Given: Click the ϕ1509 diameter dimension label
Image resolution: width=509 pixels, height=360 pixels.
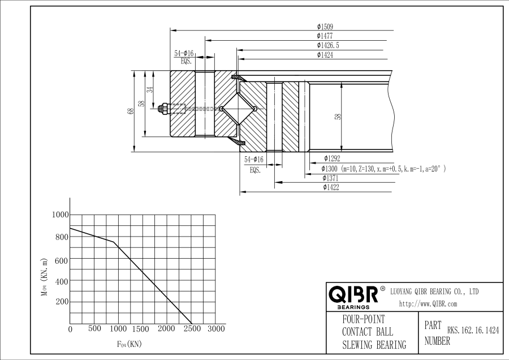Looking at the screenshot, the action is point(325,27).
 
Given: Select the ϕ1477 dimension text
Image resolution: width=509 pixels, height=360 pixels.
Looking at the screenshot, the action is point(325,36).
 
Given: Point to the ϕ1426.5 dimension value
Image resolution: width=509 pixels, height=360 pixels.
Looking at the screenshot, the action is point(328,45).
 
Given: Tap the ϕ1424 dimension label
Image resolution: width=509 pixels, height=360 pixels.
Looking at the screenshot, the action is point(325,55).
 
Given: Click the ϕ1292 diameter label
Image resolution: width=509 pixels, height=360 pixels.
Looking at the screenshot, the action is point(332,158).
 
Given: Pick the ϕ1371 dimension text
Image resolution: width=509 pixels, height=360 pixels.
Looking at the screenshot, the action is point(330,178).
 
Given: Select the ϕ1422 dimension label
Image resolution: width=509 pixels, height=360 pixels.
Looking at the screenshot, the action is point(331,187).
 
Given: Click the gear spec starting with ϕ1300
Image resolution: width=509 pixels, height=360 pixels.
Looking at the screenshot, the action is point(383,169).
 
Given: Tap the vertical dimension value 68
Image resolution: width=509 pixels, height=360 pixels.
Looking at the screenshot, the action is point(131,111).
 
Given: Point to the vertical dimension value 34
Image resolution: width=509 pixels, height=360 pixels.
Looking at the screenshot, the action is point(150,89).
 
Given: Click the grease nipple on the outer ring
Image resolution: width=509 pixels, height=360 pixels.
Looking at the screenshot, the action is point(163,109).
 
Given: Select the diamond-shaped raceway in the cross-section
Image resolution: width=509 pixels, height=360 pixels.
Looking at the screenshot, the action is point(238,109).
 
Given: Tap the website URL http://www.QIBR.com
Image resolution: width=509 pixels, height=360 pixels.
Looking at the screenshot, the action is point(428,304).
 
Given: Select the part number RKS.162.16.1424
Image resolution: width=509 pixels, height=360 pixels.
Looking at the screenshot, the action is point(473,331).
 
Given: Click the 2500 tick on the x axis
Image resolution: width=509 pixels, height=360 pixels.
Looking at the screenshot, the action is point(192,329).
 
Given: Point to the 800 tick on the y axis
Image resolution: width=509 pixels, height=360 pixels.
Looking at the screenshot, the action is point(62,237).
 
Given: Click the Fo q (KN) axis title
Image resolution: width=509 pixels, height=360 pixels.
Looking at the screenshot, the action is point(129,344).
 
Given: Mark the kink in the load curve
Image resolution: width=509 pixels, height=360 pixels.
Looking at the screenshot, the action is point(113,242).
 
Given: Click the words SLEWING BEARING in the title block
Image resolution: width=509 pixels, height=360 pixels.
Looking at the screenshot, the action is point(374,344).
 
